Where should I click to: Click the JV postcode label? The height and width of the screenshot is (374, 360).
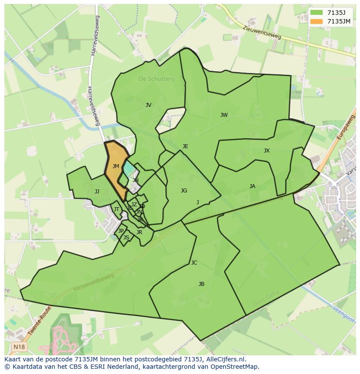[x=148, y=105]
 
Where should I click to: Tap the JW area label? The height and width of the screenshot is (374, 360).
[x=224, y=115]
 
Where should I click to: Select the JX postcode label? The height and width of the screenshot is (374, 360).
[x=267, y=151]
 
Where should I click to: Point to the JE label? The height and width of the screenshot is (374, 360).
[x=185, y=146]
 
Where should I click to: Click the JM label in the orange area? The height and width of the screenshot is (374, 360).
[x=116, y=166]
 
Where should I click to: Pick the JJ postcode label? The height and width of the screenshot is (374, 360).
[x=97, y=192]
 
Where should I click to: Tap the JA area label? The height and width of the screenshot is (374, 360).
[x=252, y=186]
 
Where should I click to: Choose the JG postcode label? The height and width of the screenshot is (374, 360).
[x=184, y=191]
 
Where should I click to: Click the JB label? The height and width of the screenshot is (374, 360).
[x=201, y=284]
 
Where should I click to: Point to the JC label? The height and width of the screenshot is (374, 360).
[x=194, y=263]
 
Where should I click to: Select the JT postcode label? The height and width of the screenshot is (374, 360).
[x=117, y=209]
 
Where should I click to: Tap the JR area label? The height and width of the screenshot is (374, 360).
[x=139, y=232]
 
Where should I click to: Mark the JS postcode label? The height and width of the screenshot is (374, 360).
[x=126, y=238]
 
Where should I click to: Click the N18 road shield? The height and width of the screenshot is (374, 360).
[x=18, y=347]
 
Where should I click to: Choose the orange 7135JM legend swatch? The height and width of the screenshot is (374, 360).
[x=317, y=21]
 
